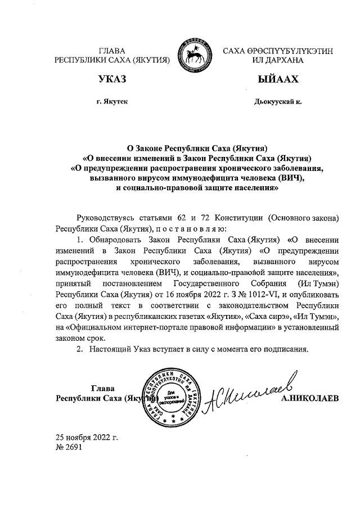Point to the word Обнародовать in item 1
[x=114, y=240]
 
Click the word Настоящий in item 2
[x=110, y=348]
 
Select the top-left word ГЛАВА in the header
[x=112, y=51]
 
